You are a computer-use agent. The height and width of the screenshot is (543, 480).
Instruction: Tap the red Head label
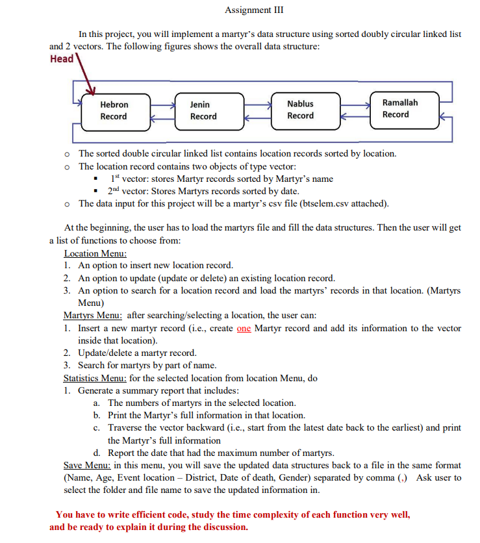coord(62,58)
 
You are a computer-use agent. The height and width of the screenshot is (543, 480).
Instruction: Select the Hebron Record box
coord(114,110)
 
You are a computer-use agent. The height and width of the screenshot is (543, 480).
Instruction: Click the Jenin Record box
coord(204,110)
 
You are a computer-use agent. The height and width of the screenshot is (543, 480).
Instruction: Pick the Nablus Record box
coord(301,110)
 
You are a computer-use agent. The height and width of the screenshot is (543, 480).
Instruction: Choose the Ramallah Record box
coord(400,108)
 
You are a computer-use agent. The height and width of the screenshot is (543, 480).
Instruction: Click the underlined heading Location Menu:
coord(95,253)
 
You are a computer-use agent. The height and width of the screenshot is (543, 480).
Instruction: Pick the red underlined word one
coord(244,328)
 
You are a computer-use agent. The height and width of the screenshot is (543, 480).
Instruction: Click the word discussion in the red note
coord(221,527)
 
